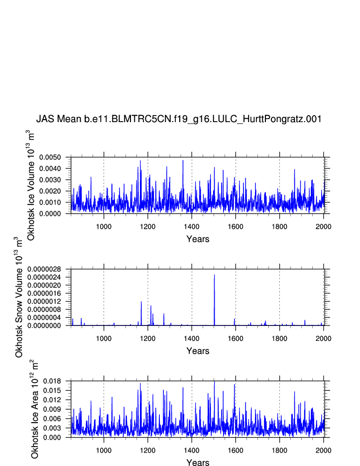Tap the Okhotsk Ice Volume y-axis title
click(x=30, y=185)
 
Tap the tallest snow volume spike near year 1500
click(x=214, y=276)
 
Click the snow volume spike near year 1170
click(x=141, y=303)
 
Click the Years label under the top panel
click(x=198, y=239)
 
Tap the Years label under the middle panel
click(x=198, y=351)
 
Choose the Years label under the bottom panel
click(x=198, y=463)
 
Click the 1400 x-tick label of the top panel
click(x=192, y=226)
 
